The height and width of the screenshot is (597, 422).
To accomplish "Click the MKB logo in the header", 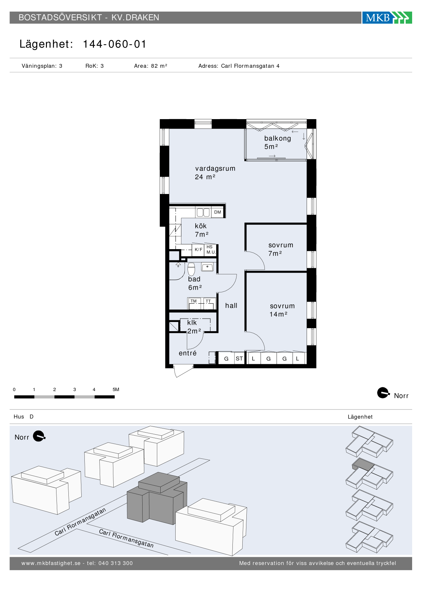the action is click(387, 17).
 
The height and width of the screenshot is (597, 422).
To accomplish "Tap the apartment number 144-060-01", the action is click(115, 44).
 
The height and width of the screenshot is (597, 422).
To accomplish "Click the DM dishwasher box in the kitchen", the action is click(217, 212).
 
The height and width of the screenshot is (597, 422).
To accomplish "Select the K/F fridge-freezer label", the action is click(198, 249).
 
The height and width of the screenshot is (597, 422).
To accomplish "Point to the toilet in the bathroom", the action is click(191, 269).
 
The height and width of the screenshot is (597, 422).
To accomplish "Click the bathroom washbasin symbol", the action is click(207, 267).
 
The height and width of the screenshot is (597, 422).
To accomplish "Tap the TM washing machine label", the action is click(194, 301).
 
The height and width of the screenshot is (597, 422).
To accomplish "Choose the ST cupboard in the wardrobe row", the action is click(239, 358).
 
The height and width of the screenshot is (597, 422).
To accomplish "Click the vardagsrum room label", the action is click(215, 168).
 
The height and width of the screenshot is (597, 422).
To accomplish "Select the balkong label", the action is click(278, 139).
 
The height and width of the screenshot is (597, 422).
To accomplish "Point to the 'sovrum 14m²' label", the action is click(282, 310).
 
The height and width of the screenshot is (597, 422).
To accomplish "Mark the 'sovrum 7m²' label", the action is click(280, 249).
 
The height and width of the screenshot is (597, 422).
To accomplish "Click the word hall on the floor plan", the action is click(231, 306).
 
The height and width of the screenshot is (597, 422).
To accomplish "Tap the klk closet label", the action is click(192, 323).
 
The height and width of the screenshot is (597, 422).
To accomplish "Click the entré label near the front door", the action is click(188, 353).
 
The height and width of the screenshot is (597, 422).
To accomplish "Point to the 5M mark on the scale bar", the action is click(116, 389).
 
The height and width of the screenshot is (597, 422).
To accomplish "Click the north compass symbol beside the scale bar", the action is click(384, 393).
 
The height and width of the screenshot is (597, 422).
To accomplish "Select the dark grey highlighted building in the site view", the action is click(157, 498).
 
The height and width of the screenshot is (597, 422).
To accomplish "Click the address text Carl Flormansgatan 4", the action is click(250, 66).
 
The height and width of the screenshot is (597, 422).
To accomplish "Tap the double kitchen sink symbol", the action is click(203, 212).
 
